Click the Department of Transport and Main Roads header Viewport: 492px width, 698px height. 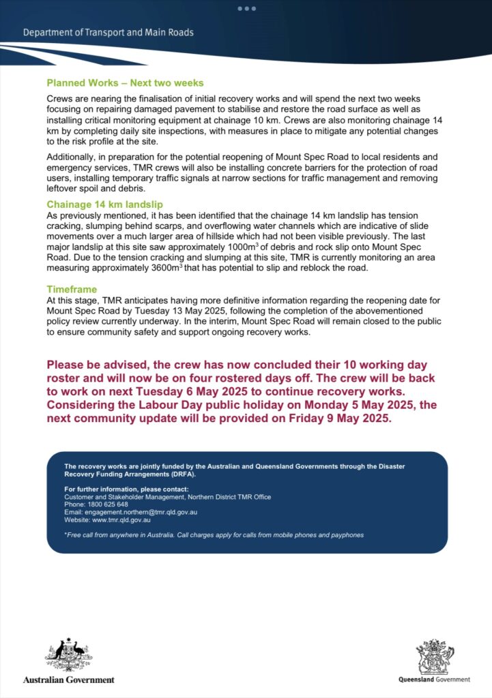pos(108,32)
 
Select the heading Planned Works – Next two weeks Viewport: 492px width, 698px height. pos(125,83)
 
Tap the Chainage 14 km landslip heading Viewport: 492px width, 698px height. pos(104,204)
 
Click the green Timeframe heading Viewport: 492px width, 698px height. pos(72,289)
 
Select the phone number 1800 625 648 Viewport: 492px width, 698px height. pos(105,504)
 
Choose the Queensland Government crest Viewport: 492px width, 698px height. pos(435,656)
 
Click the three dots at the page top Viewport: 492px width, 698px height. pos(246,9)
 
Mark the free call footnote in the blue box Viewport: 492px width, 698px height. pos(214,535)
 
